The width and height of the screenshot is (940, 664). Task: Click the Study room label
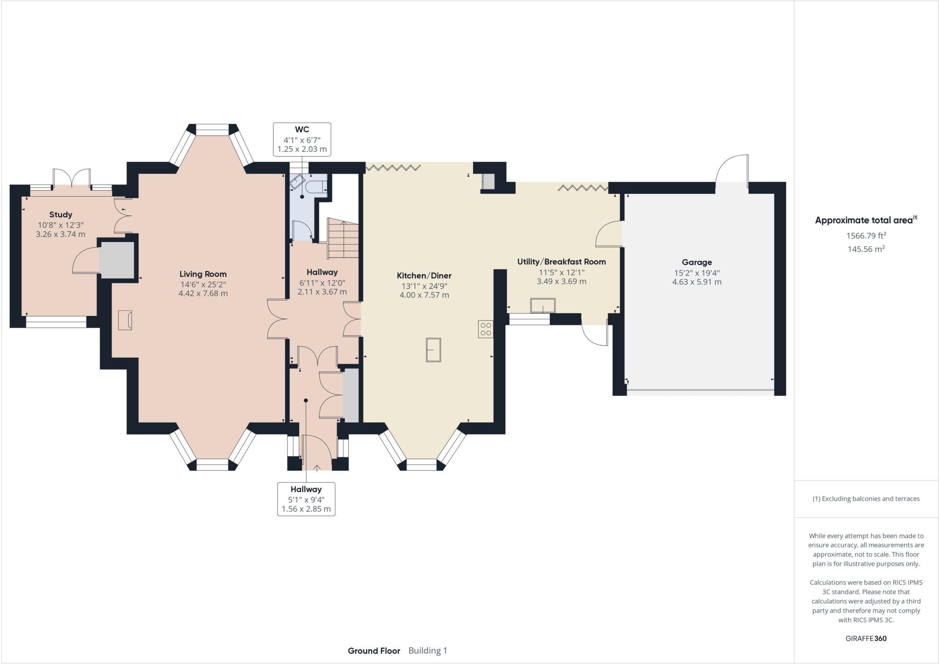(x=61, y=214)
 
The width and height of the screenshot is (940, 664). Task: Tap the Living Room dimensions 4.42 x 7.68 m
(x=203, y=293)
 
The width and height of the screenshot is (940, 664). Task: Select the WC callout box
(x=302, y=139)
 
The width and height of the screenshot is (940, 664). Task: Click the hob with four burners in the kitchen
(x=486, y=329)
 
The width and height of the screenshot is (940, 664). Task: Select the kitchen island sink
(x=433, y=350)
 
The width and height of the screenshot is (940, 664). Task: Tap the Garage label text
(x=697, y=262)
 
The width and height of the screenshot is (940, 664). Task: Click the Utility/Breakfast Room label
(x=561, y=262)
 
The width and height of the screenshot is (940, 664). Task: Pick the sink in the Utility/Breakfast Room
(x=543, y=305)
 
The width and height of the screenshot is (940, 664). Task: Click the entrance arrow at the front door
(x=317, y=468)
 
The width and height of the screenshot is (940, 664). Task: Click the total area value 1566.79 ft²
(x=866, y=236)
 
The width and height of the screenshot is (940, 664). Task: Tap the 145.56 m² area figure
(x=866, y=249)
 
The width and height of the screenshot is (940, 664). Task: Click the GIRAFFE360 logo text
(x=866, y=638)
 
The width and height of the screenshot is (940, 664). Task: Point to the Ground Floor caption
(x=374, y=651)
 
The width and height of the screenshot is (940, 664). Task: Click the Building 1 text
(x=427, y=651)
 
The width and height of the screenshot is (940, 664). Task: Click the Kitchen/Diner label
(x=424, y=276)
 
